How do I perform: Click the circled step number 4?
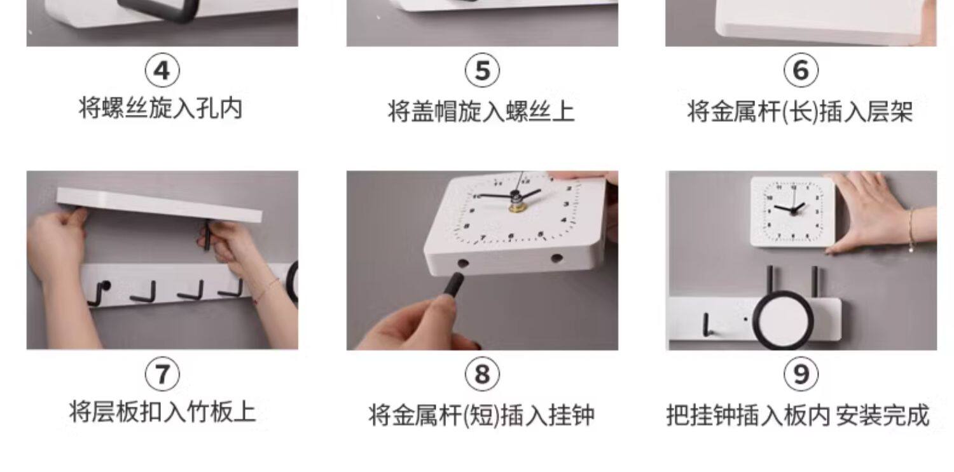click(162, 70)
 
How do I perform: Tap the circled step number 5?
click(482, 70)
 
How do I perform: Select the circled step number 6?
click(801, 70)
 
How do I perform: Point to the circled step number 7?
click(162, 374)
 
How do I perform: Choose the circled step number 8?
click(482, 374)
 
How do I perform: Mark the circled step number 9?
click(801, 374)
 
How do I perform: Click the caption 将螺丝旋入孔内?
click(160, 109)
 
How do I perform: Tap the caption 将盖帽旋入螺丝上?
click(481, 111)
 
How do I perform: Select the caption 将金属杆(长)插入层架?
click(800, 112)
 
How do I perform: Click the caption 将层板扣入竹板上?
click(162, 412)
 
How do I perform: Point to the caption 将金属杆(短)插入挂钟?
click(481, 415)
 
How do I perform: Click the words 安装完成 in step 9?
click(883, 415)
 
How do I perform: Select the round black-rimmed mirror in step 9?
click(783, 320)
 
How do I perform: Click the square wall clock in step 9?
click(792, 212)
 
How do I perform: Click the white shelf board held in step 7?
click(159, 205)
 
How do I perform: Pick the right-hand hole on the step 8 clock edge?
click(556, 258)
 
